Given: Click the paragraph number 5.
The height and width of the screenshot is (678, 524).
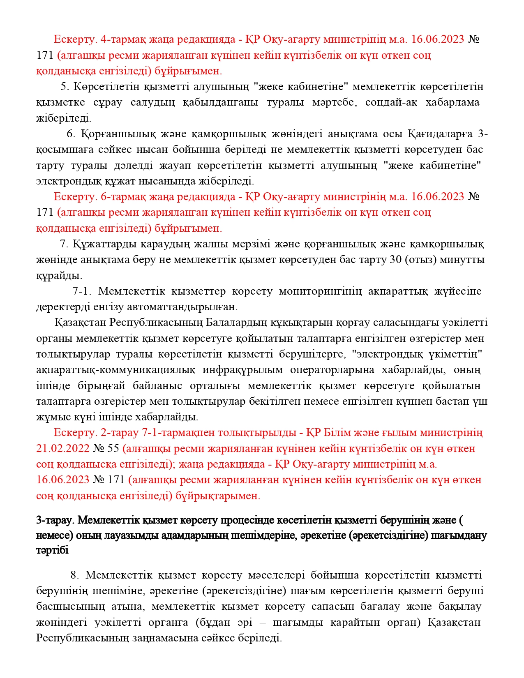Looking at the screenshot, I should point(63,87).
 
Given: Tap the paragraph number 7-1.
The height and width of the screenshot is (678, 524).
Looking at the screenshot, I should point(81,291).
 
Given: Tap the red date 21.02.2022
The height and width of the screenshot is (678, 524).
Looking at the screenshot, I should point(62,448).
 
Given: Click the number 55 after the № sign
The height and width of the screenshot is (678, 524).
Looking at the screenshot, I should point(113,448).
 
